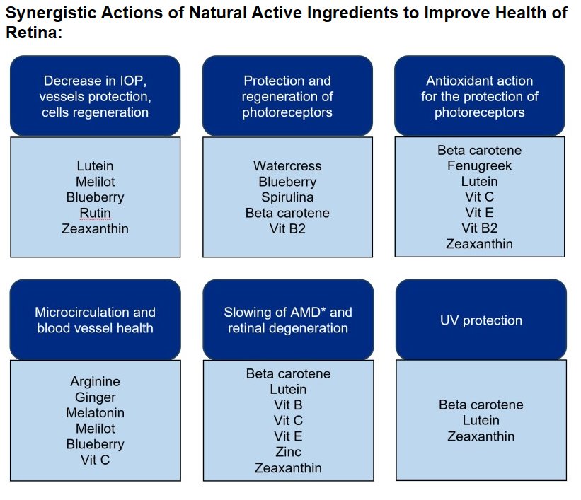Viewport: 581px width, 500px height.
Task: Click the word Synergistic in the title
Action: pyautogui.click(x=51, y=13)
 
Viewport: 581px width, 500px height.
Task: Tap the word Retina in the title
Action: pyautogui.click(x=32, y=33)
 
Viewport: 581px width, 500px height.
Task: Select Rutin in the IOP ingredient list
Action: pyautogui.click(x=96, y=213)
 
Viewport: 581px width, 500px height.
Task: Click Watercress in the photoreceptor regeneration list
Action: pyautogui.click(x=287, y=166)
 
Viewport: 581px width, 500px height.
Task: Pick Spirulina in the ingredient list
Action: pyautogui.click(x=287, y=197)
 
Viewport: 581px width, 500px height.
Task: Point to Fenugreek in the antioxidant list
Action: pyautogui.click(x=480, y=166)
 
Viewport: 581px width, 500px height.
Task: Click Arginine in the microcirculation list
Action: pyautogui.click(x=96, y=381)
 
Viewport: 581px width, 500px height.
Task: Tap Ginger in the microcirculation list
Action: pyautogui.click(x=96, y=397)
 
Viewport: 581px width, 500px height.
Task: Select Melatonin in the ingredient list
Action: pyautogui.click(x=96, y=413)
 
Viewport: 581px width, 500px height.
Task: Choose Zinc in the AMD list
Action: pyautogui.click(x=288, y=452)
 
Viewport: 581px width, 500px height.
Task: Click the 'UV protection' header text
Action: pyautogui.click(x=481, y=320)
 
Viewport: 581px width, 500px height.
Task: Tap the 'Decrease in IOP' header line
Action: pyautogui.click(x=96, y=81)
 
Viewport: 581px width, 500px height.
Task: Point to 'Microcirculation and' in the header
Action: pyautogui.click(x=96, y=312)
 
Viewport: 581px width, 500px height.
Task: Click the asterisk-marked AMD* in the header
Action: pyautogui.click(x=304, y=312)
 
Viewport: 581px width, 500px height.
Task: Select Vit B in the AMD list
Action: pyautogui.click(x=288, y=405)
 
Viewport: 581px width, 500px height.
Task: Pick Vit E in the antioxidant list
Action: pyautogui.click(x=480, y=213)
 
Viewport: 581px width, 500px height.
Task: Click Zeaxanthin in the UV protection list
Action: pyautogui.click(x=481, y=436)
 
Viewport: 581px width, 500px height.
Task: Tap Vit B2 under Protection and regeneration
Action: pyautogui.click(x=287, y=229)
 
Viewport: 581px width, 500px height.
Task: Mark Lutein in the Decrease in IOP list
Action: pyautogui.click(x=96, y=166)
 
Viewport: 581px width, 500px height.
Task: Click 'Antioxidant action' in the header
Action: pyautogui.click(x=480, y=81)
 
